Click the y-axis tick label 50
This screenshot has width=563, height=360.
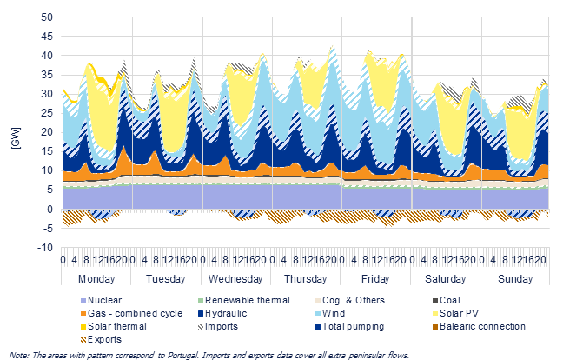click(x=46, y=17)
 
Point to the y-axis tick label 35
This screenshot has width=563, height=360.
click(x=46, y=75)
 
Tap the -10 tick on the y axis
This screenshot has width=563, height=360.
click(x=44, y=248)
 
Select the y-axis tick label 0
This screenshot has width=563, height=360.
click(x=50, y=209)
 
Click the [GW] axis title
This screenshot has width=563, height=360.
click(x=17, y=138)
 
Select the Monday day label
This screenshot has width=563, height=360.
click(x=96, y=279)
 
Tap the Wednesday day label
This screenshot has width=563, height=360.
click(x=235, y=279)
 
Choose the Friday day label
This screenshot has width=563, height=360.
click(x=375, y=279)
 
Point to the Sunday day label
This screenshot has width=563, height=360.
click(x=515, y=279)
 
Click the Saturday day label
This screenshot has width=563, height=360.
click(x=445, y=279)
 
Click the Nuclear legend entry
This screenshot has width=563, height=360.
click(x=101, y=300)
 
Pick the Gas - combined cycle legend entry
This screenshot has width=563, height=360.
click(x=131, y=313)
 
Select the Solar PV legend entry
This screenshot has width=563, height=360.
click(x=455, y=313)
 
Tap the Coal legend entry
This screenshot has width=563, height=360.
click(x=447, y=300)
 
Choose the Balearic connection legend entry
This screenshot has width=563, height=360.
click(x=479, y=326)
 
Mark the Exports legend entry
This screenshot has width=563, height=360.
click(x=101, y=339)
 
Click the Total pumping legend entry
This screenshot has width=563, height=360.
click(x=350, y=326)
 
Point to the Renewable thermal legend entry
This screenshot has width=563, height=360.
click(x=244, y=300)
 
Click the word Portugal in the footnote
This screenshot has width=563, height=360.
click(x=184, y=356)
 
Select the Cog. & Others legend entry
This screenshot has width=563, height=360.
click(x=350, y=300)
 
